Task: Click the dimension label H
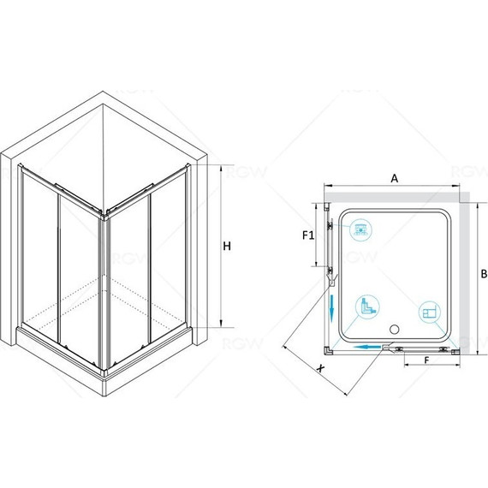point(227,247)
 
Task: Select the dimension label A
point(395,179)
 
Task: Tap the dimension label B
point(484,274)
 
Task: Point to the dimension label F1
point(308,235)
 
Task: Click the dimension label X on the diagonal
point(320,369)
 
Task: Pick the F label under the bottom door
point(426,360)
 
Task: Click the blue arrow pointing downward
point(332,308)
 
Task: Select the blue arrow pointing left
point(368,347)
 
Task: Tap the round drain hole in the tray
point(395,329)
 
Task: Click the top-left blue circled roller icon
point(360,230)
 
